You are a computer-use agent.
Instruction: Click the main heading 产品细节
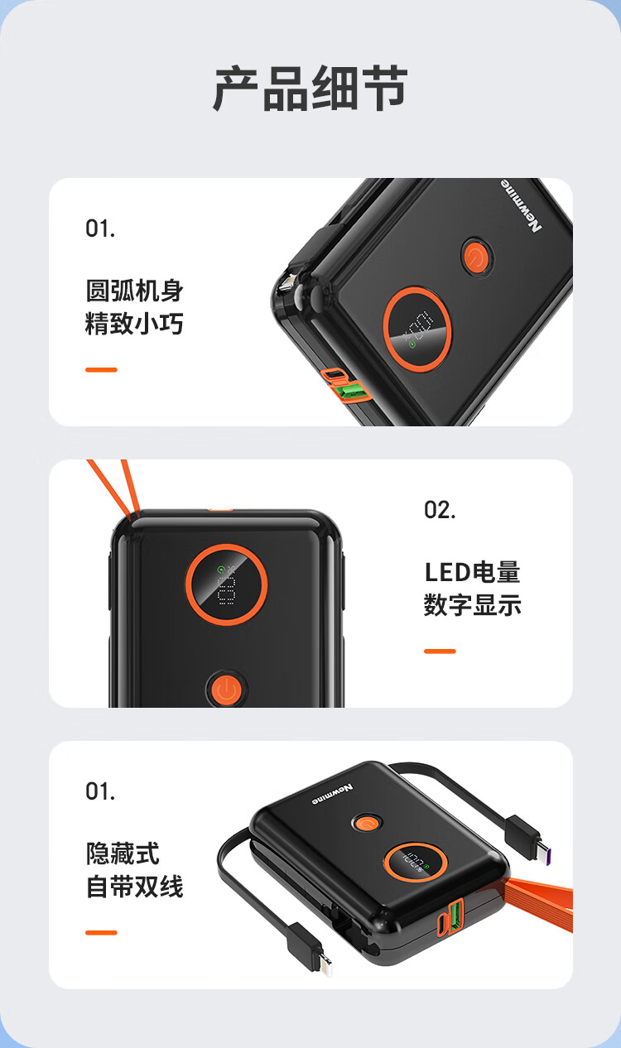pyautogui.click(x=310, y=89)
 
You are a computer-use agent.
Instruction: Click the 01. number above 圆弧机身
pyautogui.click(x=100, y=228)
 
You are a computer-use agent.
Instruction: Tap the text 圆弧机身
pyautogui.click(x=134, y=291)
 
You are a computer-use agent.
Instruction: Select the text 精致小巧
pyautogui.click(x=134, y=324)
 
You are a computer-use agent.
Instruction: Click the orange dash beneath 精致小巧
pyautogui.click(x=101, y=369)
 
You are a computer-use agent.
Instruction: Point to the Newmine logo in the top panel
pyautogui.click(x=522, y=205)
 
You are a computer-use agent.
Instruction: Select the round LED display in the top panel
pyautogui.click(x=417, y=329)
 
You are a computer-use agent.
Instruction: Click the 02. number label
pyautogui.click(x=440, y=510)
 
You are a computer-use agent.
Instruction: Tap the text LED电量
pyautogui.click(x=472, y=572)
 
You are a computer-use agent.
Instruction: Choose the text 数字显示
pyautogui.click(x=473, y=605)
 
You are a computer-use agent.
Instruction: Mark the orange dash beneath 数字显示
pyautogui.click(x=440, y=651)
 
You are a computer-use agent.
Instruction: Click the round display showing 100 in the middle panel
pyautogui.click(x=227, y=584)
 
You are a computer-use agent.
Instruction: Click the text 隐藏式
pyautogui.click(x=123, y=853)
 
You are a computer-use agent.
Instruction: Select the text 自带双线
pyautogui.click(x=134, y=887)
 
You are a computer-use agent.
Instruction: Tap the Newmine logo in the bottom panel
pyautogui.click(x=333, y=794)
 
